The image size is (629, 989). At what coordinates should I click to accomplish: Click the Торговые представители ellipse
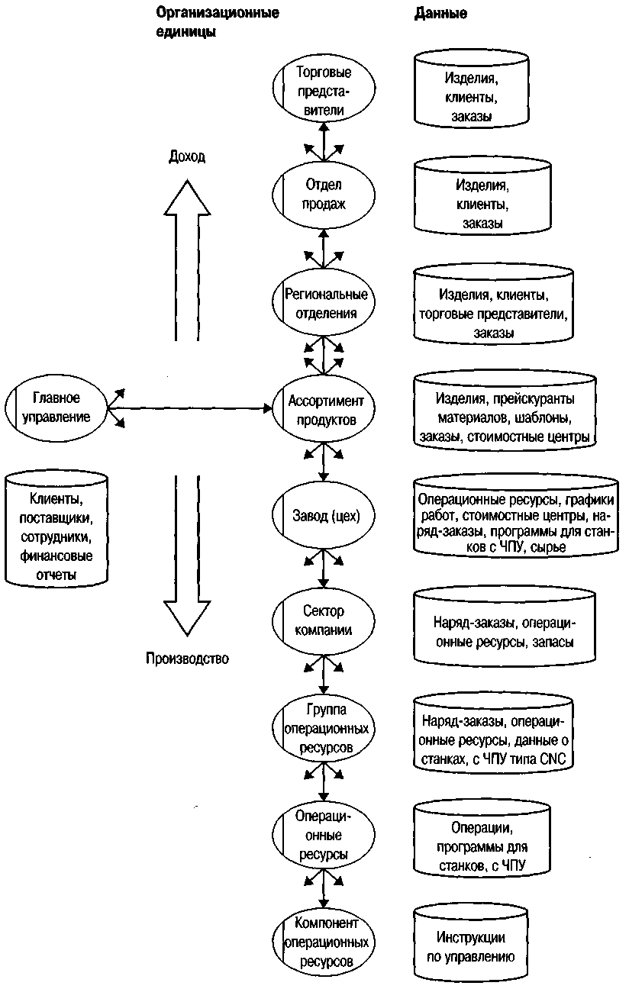pos(324,89)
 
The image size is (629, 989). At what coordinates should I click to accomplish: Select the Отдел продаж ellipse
pos(324,195)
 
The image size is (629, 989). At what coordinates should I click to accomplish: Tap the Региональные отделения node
pos(324,302)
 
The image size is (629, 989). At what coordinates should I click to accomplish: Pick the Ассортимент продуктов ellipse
pos(324,408)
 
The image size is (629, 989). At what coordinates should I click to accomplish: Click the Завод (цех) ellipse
pos(324,515)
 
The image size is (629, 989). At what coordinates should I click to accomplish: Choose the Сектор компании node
pos(324,620)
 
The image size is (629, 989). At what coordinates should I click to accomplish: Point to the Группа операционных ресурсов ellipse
pos(324,728)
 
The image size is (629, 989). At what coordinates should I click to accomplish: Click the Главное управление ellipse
pos(56,408)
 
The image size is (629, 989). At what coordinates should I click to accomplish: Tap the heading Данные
pos(440,13)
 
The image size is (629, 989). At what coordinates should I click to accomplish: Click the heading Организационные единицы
pos(218,22)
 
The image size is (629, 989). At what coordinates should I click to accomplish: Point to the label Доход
pos(187,156)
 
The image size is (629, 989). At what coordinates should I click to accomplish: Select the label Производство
pos(187,659)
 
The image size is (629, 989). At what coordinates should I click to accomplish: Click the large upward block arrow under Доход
pos(187,260)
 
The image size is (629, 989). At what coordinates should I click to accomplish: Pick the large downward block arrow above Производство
pos(187,556)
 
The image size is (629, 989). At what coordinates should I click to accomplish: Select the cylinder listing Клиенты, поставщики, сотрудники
pos(56,529)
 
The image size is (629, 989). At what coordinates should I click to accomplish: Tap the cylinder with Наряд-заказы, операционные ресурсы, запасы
pos(505,627)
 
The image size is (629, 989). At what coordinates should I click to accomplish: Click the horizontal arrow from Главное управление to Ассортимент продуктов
pos(190,408)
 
